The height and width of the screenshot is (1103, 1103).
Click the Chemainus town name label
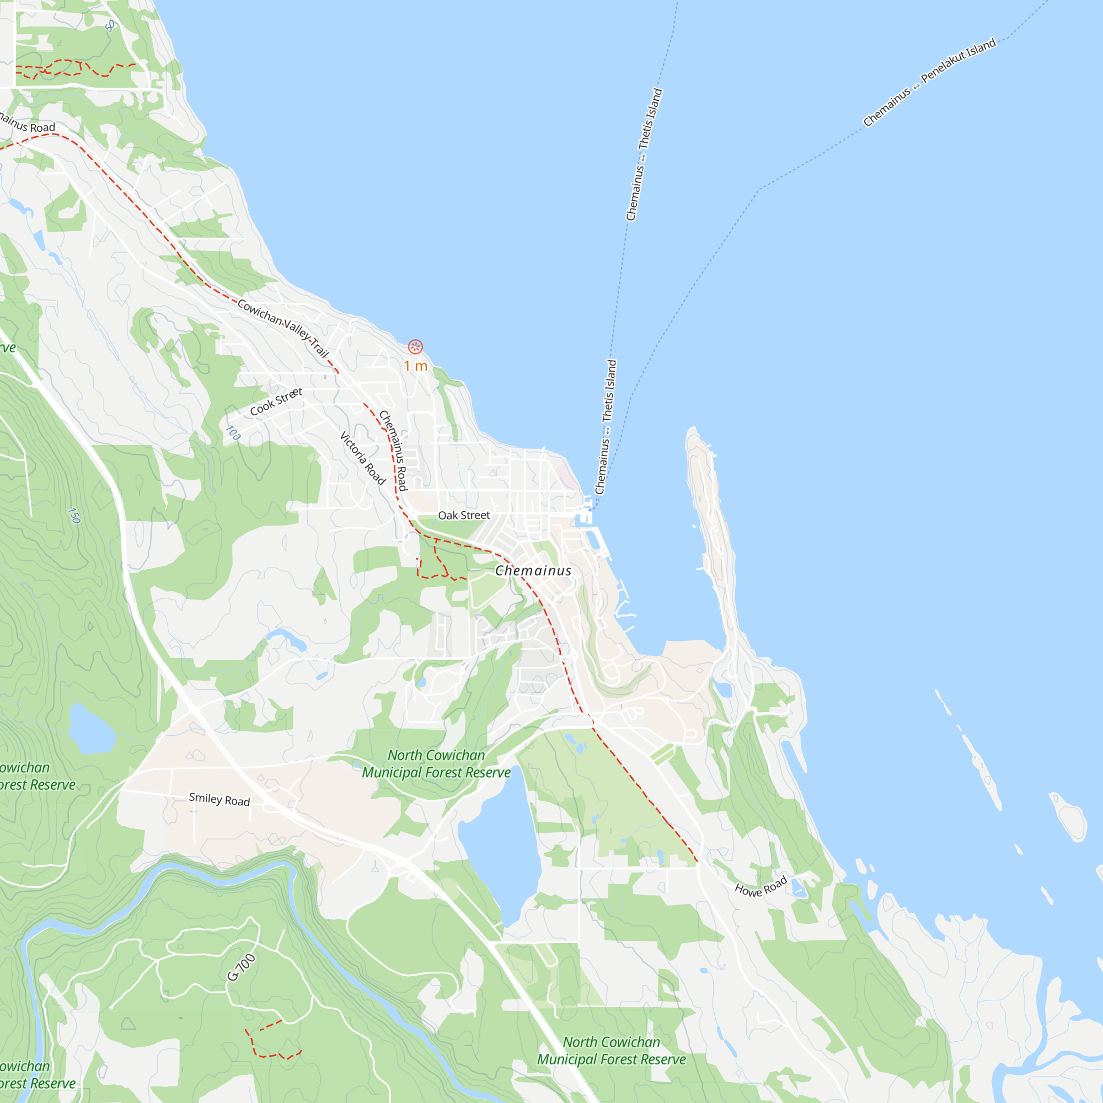tap(533, 570)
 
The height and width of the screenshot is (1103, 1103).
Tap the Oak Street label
tap(464, 515)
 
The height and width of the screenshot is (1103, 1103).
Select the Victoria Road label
tap(362, 458)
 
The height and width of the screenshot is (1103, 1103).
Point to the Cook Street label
tap(276, 401)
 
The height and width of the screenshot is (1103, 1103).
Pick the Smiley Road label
tap(219, 799)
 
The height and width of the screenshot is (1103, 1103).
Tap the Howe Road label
tap(761, 886)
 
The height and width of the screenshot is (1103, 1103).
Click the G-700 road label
tap(242, 967)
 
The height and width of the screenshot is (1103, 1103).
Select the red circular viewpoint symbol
tap(416, 346)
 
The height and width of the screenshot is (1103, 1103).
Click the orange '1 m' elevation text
tap(416, 366)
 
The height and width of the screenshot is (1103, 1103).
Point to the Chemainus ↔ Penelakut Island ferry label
tap(929, 82)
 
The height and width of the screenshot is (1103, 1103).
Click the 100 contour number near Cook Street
tap(233, 433)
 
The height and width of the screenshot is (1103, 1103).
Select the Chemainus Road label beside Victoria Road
tap(394, 451)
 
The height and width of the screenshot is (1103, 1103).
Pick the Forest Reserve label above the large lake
tap(436, 763)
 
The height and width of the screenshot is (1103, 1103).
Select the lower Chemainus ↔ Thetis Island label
tap(606, 427)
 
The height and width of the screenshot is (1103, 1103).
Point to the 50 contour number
tap(110, 25)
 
